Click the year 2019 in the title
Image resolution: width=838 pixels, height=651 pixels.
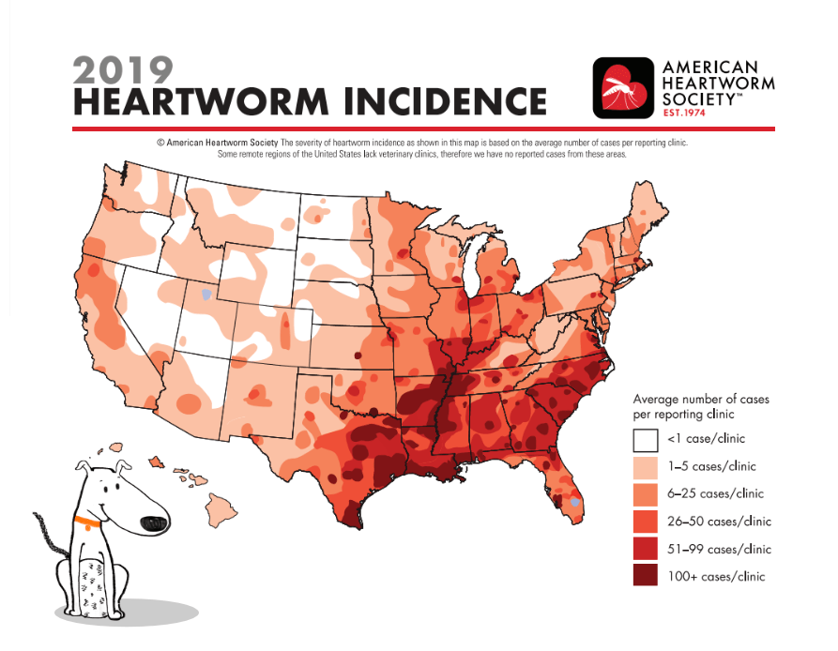pos(123,69)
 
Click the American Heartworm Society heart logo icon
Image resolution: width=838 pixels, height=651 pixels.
pos(622,89)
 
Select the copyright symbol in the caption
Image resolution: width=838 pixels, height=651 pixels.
pos(160,143)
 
